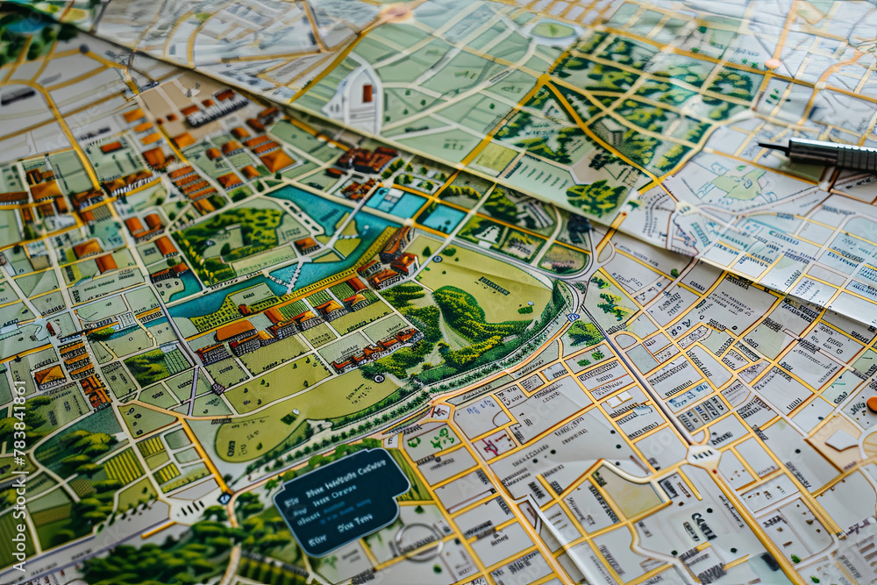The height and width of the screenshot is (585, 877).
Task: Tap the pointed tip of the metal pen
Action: point(762,146)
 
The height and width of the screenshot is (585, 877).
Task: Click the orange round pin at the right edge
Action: point(873,403)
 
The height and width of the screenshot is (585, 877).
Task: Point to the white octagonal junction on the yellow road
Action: point(702,454)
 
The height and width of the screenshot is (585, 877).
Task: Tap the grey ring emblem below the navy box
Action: point(419,542)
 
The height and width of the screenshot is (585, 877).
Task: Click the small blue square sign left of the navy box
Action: point(225,497)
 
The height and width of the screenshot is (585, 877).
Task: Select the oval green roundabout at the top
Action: point(553,31)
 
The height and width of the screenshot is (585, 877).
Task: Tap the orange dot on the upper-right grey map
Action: point(773,63)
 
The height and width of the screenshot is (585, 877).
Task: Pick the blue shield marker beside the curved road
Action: point(572,317)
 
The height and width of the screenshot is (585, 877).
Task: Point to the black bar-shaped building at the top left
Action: point(18,95)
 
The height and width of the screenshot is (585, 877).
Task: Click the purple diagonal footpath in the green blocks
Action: point(193,390)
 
